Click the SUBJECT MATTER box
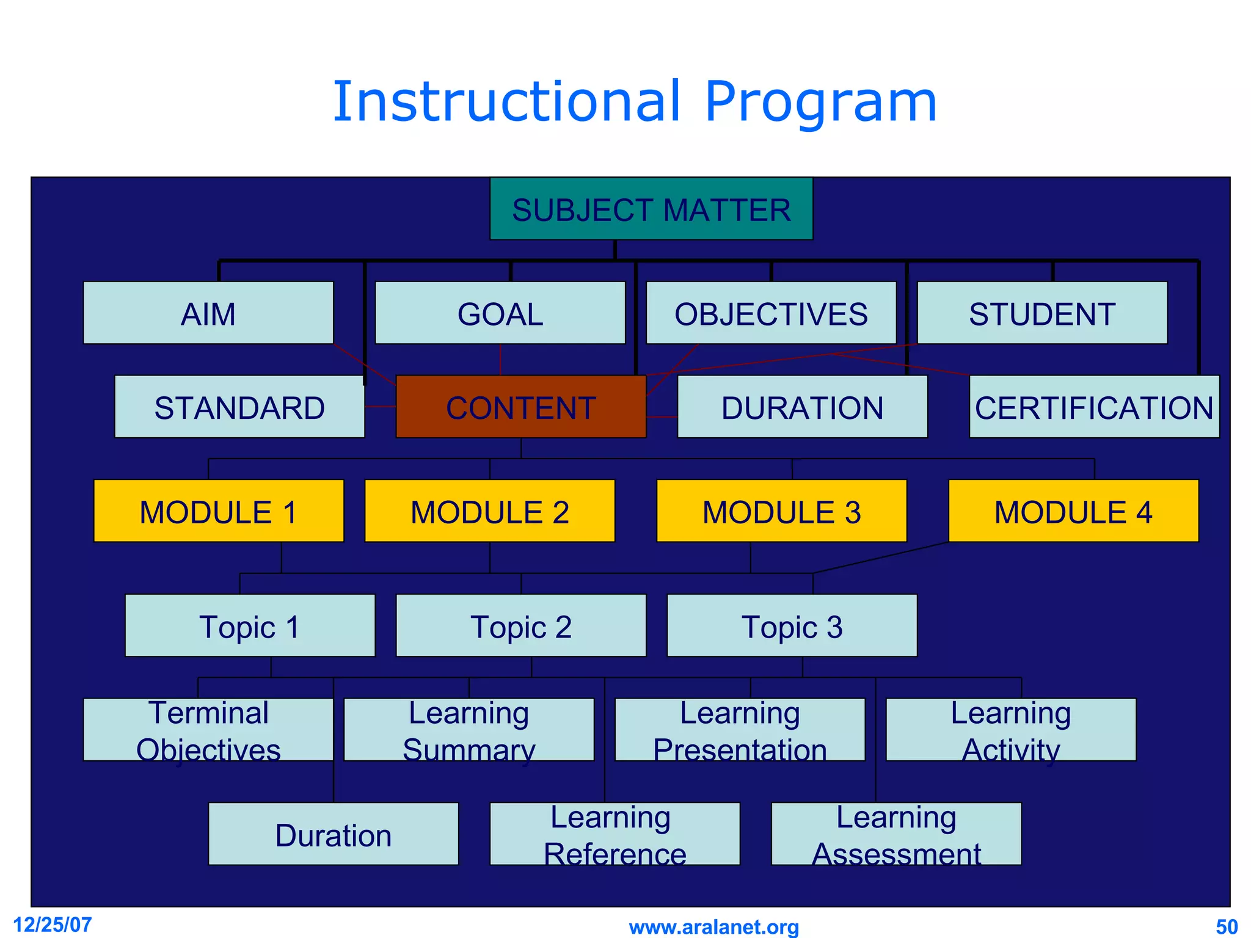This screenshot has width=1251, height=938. coord(651,209)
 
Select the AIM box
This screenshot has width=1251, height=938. coord(208,313)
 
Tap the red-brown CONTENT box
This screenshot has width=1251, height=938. coord(521,407)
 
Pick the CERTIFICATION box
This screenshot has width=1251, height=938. coord(1093,407)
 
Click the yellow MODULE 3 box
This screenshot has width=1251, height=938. coord(781,511)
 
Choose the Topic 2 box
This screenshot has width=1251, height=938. coord(521,626)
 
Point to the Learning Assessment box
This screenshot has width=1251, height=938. coord(896,834)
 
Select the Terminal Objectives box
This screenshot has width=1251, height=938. coord(208,730)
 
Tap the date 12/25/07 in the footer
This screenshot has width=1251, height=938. coord(53,925)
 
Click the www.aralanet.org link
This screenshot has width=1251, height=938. coord(713,927)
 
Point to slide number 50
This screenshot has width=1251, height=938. coord(1227,927)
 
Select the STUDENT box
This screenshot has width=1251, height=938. coord(1042,313)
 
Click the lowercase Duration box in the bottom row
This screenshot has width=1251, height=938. coord(333,834)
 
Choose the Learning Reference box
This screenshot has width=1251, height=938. coord(615,834)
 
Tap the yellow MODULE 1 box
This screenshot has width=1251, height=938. coord(219,511)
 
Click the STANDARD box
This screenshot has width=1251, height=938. coord(239,407)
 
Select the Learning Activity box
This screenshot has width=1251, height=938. coord(1011,730)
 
